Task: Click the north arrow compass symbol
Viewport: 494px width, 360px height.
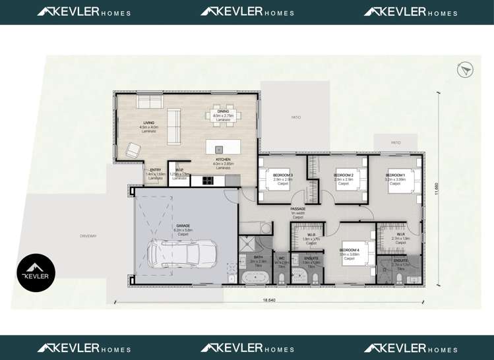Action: tap(464, 70)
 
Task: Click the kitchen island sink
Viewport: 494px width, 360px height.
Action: tap(219, 149)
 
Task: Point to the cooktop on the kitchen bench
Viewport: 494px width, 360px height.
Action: tap(208, 180)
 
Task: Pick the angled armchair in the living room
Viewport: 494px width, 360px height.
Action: tap(133, 150)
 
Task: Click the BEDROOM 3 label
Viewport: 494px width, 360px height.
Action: tap(283, 175)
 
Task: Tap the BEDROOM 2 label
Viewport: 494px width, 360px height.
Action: tap(344, 175)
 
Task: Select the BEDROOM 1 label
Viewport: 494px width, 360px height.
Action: tap(395, 175)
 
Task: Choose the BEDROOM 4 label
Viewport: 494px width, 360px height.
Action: tap(349, 251)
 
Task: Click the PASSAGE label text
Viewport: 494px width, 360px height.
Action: tap(297, 209)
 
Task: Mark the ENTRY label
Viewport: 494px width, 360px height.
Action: tap(155, 170)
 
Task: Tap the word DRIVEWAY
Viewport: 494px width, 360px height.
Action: tap(88, 235)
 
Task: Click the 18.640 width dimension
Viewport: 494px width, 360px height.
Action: tap(269, 300)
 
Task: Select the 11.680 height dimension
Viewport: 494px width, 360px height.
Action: tap(436, 188)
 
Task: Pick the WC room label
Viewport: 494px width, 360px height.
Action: tap(281, 258)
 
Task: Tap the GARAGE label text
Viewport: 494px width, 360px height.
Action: tap(183, 225)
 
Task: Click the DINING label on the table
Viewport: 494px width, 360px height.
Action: tap(224, 111)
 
